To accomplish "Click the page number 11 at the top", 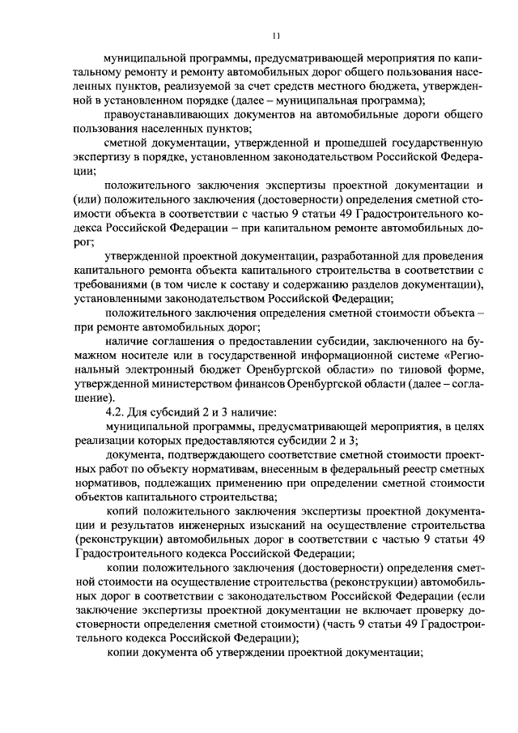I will click(276, 36).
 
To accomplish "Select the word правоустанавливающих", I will click(166, 114).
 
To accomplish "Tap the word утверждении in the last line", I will click(260, 654).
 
